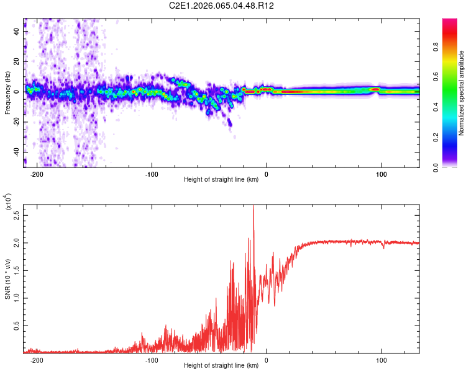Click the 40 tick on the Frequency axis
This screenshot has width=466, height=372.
[x=17, y=31]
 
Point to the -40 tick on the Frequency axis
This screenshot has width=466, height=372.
[x=15, y=153]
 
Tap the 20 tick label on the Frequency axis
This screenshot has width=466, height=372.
[x=17, y=61]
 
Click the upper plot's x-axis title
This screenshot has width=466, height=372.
[x=221, y=180]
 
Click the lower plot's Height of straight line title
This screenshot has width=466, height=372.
[x=221, y=365]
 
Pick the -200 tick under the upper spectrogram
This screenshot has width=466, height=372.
[x=37, y=174]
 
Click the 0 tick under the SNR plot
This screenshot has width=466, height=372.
[x=267, y=360]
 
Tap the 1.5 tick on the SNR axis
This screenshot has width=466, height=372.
[x=17, y=271]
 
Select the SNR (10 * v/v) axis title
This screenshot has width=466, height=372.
[x=7, y=279]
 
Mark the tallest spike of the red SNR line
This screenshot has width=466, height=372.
[x=254, y=207]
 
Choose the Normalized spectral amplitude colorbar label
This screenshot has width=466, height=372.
[x=461, y=93]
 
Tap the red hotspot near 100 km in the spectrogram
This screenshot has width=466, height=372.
[x=375, y=89]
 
